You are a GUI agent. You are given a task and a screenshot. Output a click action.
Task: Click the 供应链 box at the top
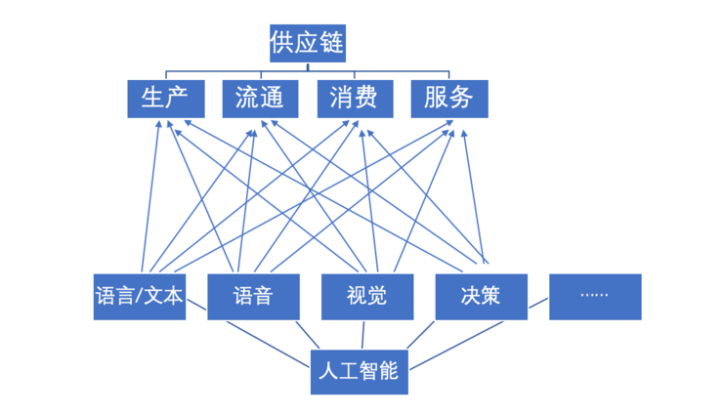click(308, 43)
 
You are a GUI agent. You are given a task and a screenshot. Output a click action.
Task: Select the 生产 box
click(166, 98)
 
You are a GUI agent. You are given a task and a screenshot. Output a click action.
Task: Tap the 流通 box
click(260, 98)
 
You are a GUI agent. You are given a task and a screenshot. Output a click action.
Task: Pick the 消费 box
click(355, 98)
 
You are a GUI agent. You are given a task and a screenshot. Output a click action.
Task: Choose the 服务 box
click(448, 98)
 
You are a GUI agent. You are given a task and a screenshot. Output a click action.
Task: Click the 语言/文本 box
click(140, 296)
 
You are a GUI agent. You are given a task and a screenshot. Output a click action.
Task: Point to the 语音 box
click(253, 296)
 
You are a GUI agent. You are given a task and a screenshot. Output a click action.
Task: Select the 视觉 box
click(367, 296)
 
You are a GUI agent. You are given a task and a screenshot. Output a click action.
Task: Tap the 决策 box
click(481, 296)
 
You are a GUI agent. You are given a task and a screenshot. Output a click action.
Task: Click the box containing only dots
click(595, 296)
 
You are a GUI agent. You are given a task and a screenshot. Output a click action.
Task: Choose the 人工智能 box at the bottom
click(359, 371)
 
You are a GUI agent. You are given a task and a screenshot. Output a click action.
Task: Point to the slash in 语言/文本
click(140, 296)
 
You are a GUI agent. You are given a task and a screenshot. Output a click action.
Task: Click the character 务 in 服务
click(461, 98)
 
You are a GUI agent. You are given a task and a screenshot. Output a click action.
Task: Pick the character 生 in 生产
click(153, 98)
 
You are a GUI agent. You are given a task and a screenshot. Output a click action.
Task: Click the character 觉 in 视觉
click(378, 296)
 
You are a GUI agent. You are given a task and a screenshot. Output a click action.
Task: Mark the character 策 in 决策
click(491, 296)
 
